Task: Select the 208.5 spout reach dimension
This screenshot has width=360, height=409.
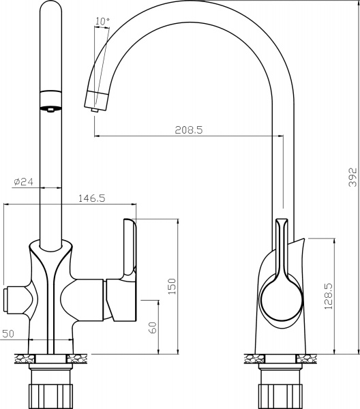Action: [189, 129]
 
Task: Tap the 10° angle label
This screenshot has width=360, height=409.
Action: [102, 22]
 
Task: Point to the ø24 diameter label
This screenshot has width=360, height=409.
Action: [23, 182]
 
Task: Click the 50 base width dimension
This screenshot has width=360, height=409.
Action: [8, 333]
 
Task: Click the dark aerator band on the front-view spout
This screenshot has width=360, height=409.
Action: [50, 108]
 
